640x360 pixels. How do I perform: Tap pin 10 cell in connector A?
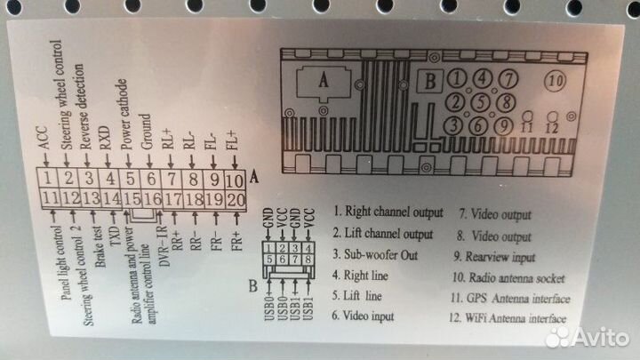pyautogui.click(x=234, y=180)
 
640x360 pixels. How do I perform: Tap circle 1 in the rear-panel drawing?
pyautogui.click(x=457, y=79)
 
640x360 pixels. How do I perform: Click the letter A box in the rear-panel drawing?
pyautogui.click(x=324, y=79)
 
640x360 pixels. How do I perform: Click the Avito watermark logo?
pyautogui.click(x=587, y=335)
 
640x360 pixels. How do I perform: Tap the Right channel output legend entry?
pyautogui.click(x=388, y=212)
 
